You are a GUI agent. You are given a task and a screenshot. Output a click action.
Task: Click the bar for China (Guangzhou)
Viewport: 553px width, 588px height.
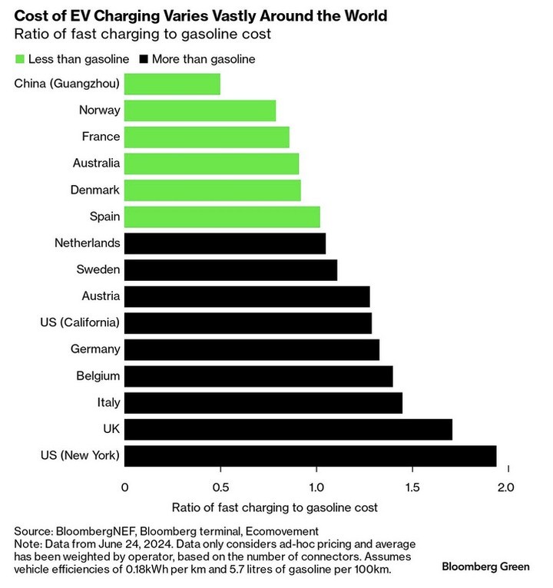coord(172,84)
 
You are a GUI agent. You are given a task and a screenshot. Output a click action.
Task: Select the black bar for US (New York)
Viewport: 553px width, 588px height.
coord(310,455)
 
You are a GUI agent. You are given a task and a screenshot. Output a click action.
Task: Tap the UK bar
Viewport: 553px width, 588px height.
coord(287,429)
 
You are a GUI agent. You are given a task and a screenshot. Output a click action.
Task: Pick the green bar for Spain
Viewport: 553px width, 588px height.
coord(222,216)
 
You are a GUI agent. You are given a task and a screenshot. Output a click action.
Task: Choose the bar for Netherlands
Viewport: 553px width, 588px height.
coord(224,243)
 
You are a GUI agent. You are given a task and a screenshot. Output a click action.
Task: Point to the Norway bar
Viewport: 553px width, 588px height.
coord(200,111)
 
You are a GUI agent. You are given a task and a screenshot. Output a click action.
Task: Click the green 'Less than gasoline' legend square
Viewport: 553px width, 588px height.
coord(19,58)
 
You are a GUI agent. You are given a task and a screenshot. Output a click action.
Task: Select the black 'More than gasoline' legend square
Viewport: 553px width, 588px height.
coord(143,58)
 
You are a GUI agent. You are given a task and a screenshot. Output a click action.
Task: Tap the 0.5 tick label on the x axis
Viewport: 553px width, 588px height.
coord(220,487)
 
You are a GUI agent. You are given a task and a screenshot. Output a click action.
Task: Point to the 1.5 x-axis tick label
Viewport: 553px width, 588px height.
coord(412,487)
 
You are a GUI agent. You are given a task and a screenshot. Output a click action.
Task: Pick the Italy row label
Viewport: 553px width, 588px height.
coord(109,402)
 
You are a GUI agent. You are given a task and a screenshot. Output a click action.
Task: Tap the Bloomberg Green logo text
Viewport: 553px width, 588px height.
coord(485,567)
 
